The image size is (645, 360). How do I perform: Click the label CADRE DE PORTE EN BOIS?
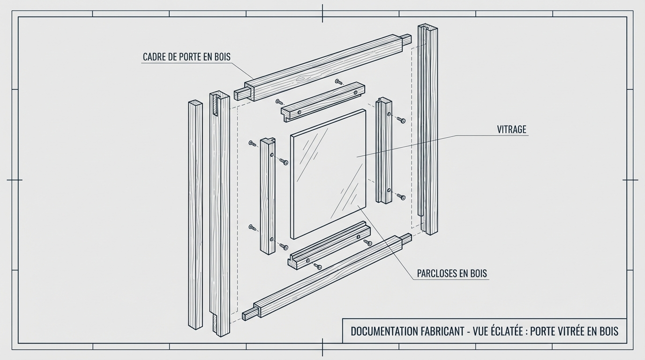pyautogui.click(x=187, y=57)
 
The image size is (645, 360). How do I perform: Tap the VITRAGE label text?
pyautogui.click(x=511, y=130)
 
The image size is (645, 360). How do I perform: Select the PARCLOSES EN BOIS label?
pyautogui.click(x=452, y=274)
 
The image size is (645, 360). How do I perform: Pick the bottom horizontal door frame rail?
pyautogui.click(x=328, y=277)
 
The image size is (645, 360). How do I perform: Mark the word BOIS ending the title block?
pyautogui.click(x=608, y=331)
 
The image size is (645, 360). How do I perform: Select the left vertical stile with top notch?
pyautogui.click(x=220, y=216)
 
